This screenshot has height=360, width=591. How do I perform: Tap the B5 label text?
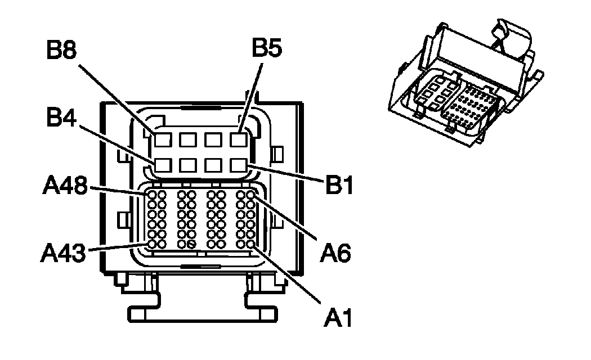pos(267,48)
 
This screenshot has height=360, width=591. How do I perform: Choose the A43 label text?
pos(63,253)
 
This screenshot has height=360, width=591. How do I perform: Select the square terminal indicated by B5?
pos(239,138)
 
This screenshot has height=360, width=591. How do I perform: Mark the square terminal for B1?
pos(239,165)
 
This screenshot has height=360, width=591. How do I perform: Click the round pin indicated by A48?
pos(151,195)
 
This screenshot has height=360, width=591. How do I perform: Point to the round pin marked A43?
pos(151,244)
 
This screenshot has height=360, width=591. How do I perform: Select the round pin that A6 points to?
pos(250,195)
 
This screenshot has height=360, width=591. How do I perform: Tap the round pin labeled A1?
pos(250,244)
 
